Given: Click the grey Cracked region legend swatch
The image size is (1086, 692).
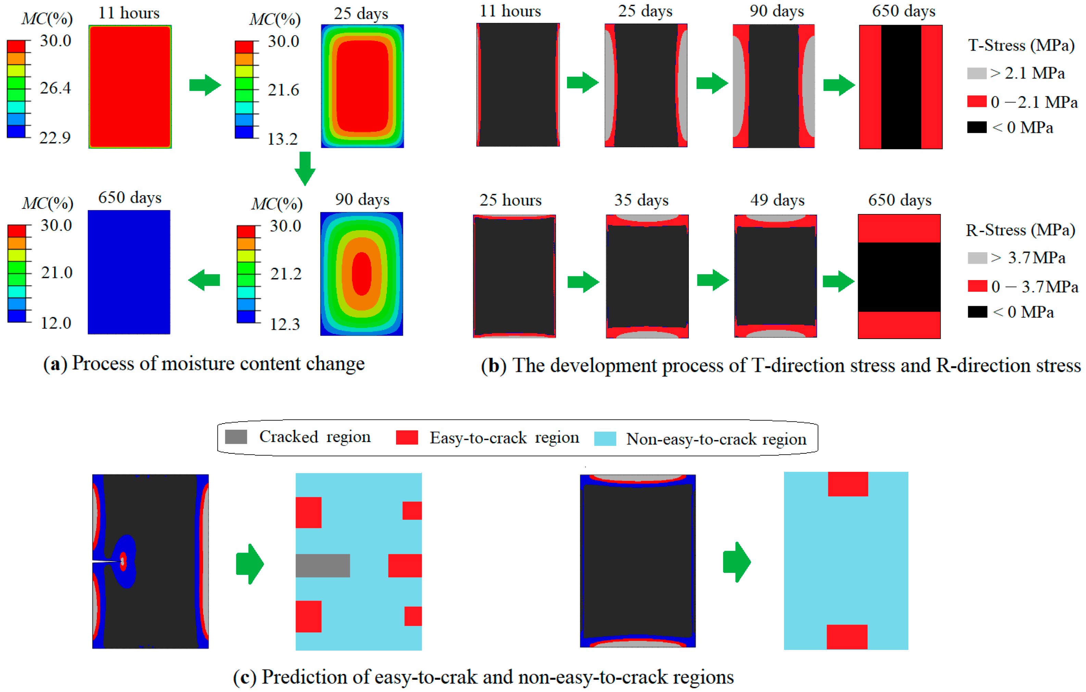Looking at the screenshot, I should tap(236, 437).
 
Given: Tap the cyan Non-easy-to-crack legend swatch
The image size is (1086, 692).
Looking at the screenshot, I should tap(605, 439).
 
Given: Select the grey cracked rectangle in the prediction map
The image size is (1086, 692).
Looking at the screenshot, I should tap(323, 565).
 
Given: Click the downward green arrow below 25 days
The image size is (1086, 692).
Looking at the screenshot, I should tap(305, 168).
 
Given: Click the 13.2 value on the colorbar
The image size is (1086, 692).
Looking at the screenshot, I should tap(282, 139).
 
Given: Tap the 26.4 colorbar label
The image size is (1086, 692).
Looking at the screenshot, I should tap(55, 88).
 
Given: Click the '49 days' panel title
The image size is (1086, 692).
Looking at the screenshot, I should tap(777, 200).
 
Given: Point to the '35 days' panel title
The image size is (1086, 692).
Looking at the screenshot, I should tap(641, 200).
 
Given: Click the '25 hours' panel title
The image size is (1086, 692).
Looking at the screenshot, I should tap(510, 200).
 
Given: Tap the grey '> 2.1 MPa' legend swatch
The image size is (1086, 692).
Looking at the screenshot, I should tap(976, 73).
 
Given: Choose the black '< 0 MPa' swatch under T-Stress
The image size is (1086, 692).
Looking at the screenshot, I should tap(976, 127).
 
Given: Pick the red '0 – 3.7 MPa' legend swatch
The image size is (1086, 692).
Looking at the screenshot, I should tap(977, 286).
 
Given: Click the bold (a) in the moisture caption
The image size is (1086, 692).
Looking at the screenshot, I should tap(55, 364).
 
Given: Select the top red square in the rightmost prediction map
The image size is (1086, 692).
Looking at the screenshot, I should tap(847, 484).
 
